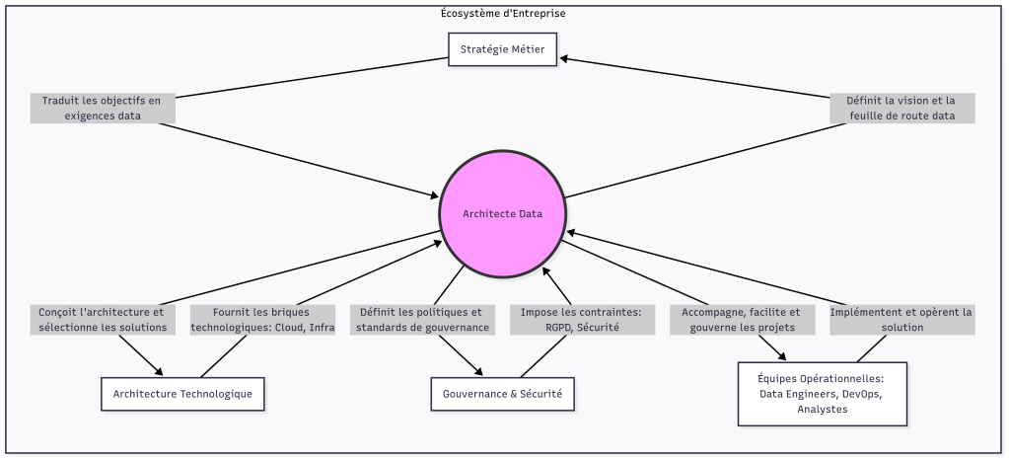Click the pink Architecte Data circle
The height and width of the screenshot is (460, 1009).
coord(503,213)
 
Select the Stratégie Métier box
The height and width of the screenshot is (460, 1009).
coord(503,48)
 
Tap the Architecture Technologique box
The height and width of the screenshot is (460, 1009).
coord(182,394)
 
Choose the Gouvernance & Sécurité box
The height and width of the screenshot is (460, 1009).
coord(503,394)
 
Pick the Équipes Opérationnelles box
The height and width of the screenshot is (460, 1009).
coord(822,394)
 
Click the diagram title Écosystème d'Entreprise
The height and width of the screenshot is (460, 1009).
coord(503,13)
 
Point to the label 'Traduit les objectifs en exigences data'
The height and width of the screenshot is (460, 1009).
coord(103,108)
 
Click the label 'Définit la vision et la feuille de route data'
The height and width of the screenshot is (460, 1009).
coord(901,108)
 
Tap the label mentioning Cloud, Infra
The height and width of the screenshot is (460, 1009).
coord(262,319)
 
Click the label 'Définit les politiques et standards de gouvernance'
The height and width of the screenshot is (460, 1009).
coord(422,319)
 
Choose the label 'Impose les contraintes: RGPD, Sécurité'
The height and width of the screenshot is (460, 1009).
coord(582,319)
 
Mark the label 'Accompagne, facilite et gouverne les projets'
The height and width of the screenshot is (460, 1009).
coord(743,319)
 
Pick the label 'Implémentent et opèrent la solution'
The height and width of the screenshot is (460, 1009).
coord(901,319)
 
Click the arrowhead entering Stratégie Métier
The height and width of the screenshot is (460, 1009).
coord(563,58)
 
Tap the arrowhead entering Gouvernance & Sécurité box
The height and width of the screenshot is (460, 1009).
coord(480,372)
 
